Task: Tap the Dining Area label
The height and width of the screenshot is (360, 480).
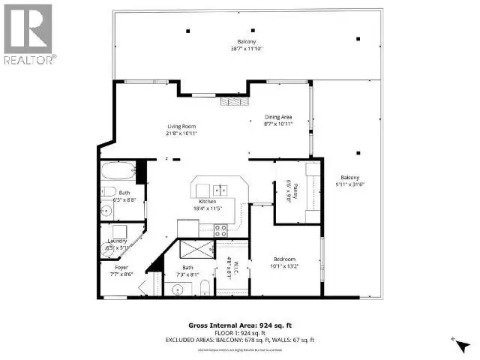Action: [278, 116]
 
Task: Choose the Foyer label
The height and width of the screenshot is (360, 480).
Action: [121, 267]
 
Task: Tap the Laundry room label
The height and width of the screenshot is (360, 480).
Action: [117, 240]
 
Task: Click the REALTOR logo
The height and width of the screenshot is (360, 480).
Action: [28, 34]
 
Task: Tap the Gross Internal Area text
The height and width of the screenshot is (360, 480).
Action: [240, 325]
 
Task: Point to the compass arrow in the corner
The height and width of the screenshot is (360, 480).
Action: [457, 343]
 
